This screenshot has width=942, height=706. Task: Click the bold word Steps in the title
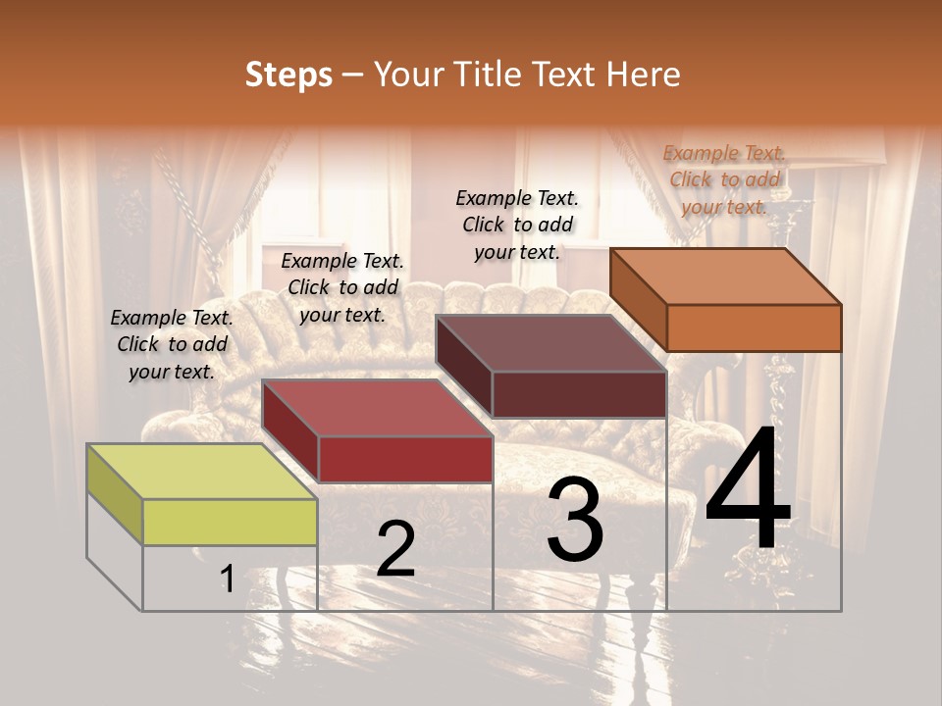click(x=288, y=75)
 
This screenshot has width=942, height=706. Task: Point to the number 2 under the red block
click(x=395, y=550)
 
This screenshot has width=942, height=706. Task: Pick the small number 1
click(x=227, y=580)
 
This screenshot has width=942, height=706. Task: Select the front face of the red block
click(x=405, y=459)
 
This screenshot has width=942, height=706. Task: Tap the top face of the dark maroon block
click(x=550, y=343)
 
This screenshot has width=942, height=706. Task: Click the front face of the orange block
click(x=754, y=328)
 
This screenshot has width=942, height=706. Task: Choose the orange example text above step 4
click(x=724, y=179)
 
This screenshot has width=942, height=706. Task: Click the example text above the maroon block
click(x=517, y=225)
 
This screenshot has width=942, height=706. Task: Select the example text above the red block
click(x=341, y=287)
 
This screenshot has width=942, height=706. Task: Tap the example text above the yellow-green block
click(x=172, y=344)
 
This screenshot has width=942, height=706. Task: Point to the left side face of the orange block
click(x=638, y=300)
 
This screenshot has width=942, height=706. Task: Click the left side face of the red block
click(x=289, y=431)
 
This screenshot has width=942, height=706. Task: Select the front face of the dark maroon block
click(x=579, y=395)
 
